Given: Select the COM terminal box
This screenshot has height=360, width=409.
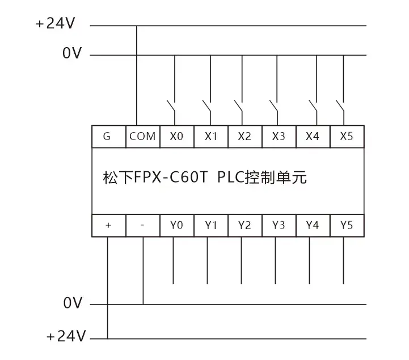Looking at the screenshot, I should [x=142, y=137].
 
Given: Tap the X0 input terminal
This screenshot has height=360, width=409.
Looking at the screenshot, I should [x=176, y=137].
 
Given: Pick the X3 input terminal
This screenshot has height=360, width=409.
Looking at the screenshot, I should [x=279, y=137].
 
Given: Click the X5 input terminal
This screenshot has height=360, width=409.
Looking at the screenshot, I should [x=347, y=137].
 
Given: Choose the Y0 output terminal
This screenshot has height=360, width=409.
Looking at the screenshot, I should [x=176, y=225].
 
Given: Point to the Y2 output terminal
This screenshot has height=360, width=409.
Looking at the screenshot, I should [x=244, y=225].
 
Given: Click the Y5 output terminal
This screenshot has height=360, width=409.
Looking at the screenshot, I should [x=347, y=225].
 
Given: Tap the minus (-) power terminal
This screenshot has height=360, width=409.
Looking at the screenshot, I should [x=142, y=225].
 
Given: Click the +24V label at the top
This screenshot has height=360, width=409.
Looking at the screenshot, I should [x=56, y=24].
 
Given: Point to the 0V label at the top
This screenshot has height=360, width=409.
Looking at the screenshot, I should [x=73, y=54].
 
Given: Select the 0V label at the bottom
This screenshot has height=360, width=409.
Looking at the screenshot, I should [x=73, y=304].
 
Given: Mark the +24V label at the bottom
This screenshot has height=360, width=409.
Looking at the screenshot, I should [x=66, y=337].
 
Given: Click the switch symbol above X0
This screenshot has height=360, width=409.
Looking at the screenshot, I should [x=172, y=107].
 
